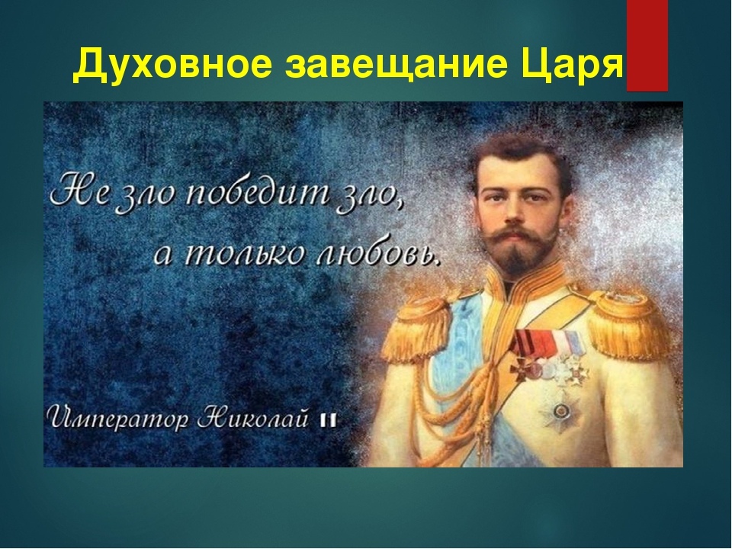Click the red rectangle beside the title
point(647,46)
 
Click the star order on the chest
point(559,411)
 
